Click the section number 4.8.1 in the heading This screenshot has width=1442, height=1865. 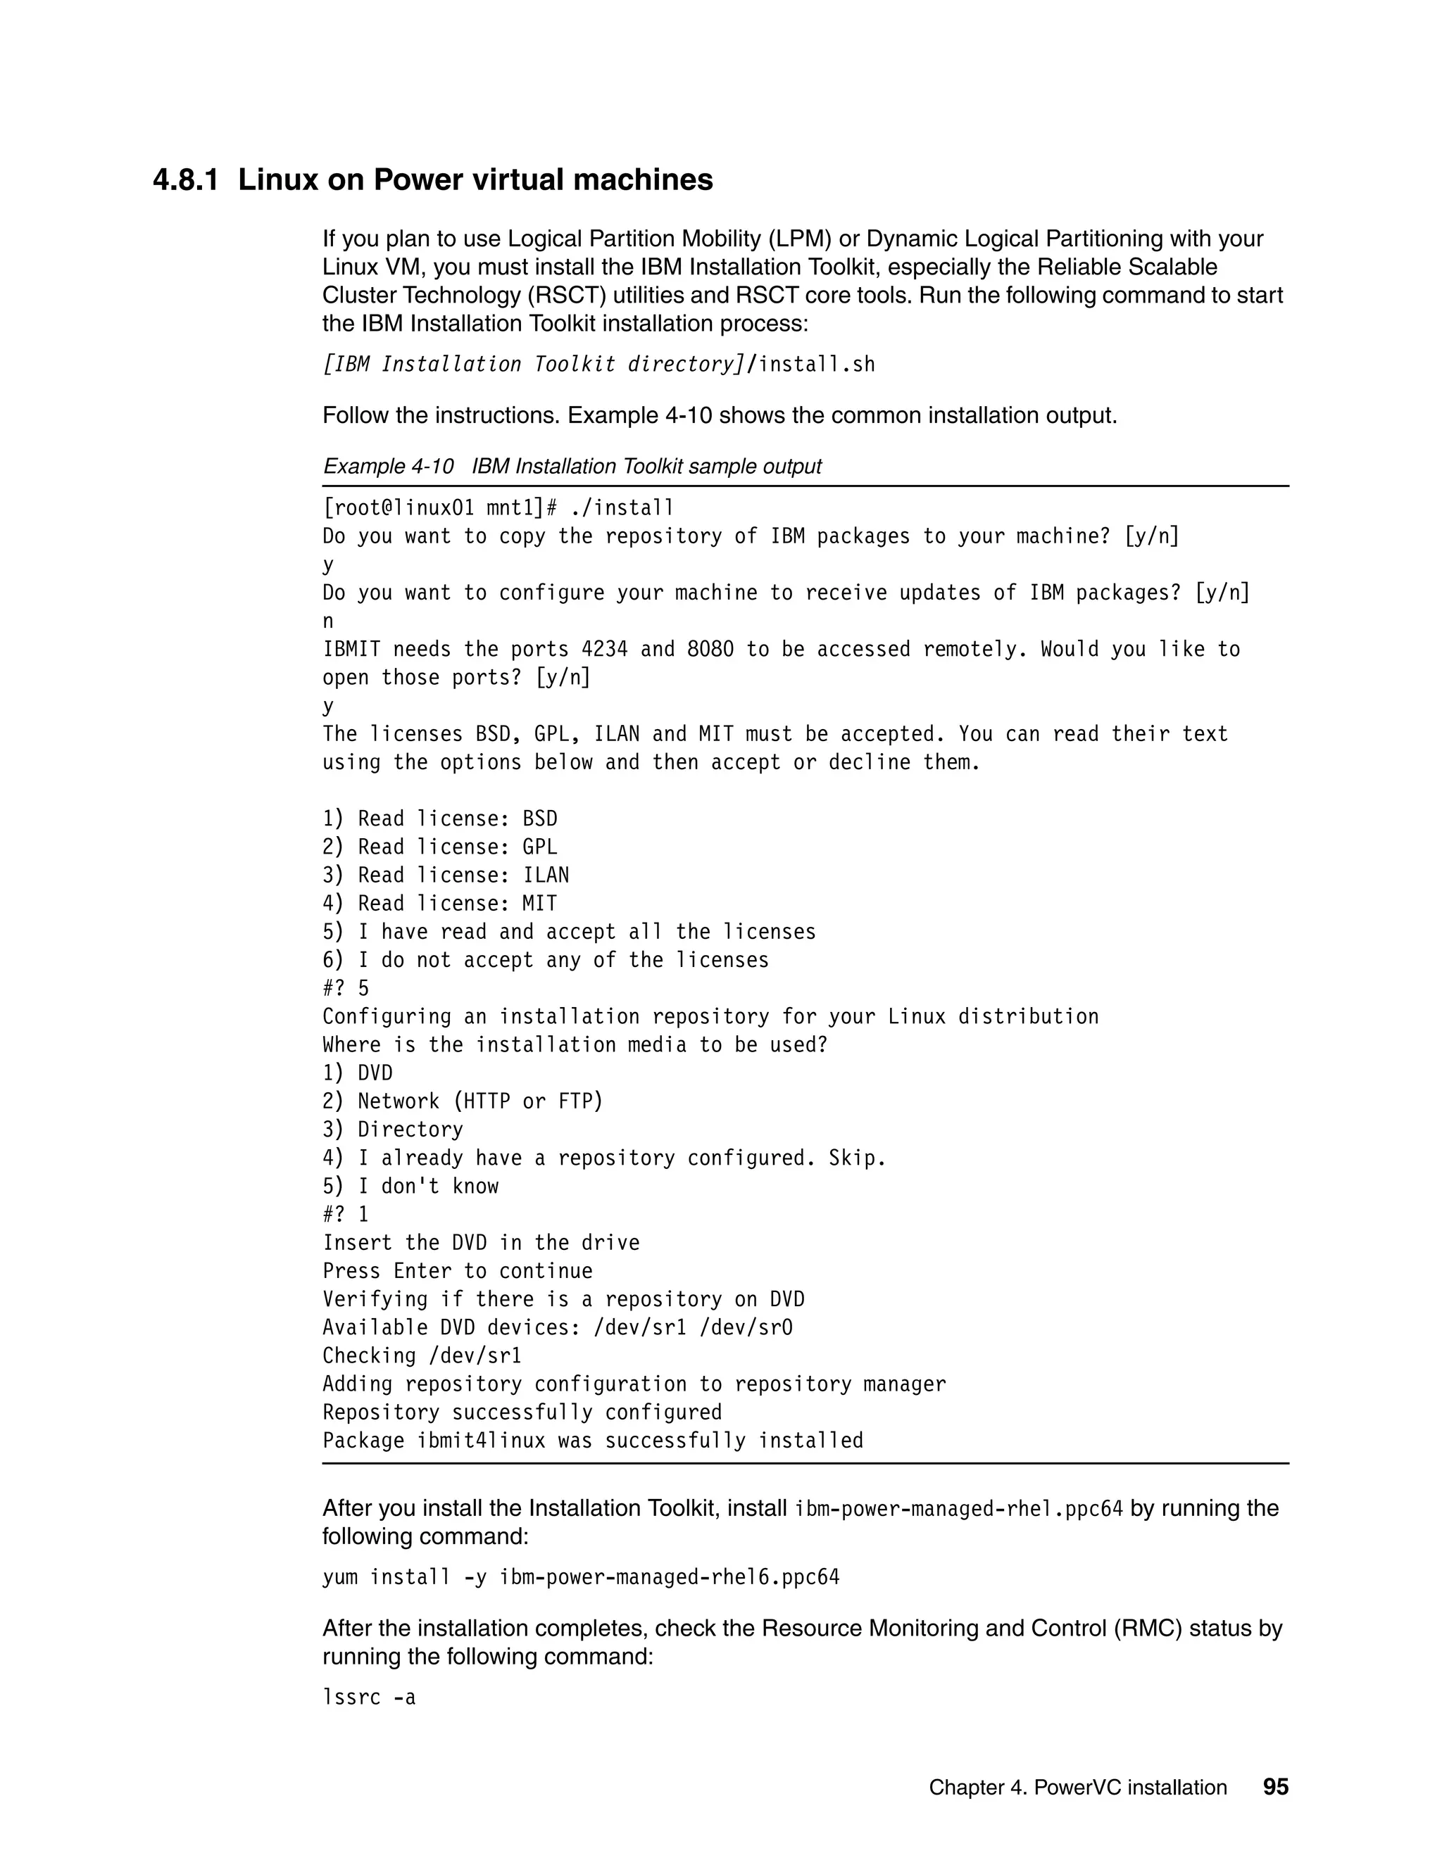pos(185,180)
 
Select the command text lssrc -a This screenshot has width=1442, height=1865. pos(369,1697)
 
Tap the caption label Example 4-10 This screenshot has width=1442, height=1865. pos(389,466)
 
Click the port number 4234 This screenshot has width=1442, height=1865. pos(604,650)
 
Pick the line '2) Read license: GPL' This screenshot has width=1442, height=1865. pos(440,847)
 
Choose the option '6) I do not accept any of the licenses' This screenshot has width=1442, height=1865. pos(545,961)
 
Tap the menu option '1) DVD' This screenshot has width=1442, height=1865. pos(357,1073)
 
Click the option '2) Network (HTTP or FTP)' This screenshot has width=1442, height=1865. pos(462,1101)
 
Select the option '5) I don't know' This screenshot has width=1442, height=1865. pos(410,1186)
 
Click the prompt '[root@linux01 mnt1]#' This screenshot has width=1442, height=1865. pos(440,509)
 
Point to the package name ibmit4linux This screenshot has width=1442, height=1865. pos(481,1441)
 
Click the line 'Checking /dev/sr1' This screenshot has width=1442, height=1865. pos(422,1356)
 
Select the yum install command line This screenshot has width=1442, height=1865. pos(581,1577)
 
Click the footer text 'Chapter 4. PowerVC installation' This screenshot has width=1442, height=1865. pos(1077,1788)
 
